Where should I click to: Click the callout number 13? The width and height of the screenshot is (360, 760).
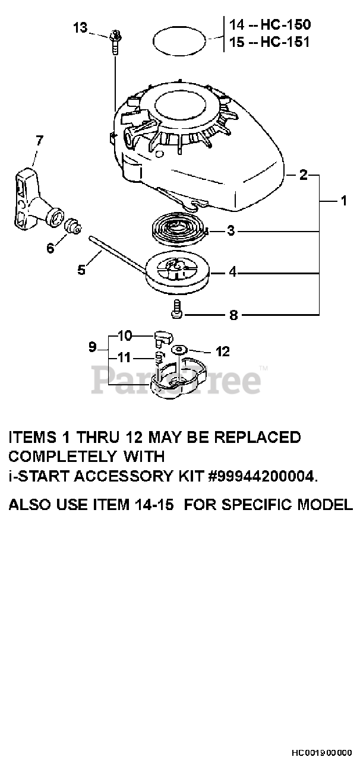pyautogui.click(x=80, y=27)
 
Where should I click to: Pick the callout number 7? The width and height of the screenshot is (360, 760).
pyautogui.click(x=39, y=141)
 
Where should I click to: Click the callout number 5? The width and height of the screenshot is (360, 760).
pyautogui.click(x=81, y=270)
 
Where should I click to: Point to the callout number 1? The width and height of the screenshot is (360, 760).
pyautogui.click(x=343, y=201)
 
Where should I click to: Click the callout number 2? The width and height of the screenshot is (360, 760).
pyautogui.click(x=304, y=175)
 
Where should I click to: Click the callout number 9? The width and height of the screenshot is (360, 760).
pyautogui.click(x=92, y=346)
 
